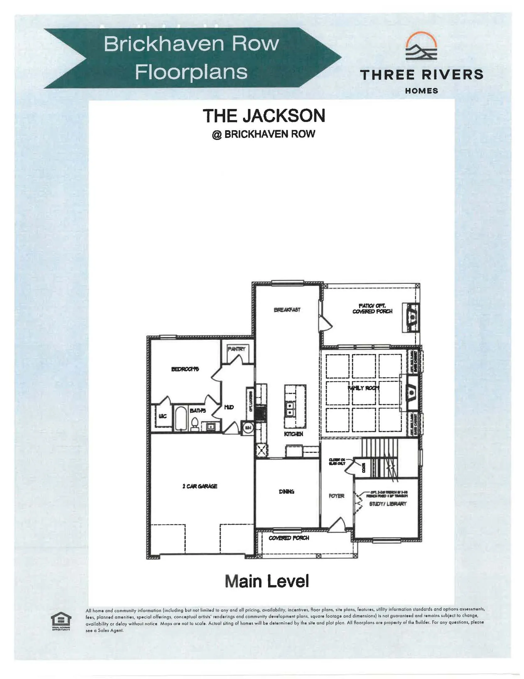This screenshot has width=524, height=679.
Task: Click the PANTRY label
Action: (236, 349)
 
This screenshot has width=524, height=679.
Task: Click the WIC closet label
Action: (162, 416)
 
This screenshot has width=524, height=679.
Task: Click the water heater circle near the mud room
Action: (248, 428)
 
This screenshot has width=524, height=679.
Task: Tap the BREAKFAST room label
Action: (287, 310)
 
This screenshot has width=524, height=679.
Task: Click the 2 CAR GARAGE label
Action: (200, 486)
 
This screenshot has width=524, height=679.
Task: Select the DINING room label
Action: (286, 491)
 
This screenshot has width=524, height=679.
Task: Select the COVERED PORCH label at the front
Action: (289, 538)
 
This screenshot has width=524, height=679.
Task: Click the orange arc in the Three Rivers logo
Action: (421, 38)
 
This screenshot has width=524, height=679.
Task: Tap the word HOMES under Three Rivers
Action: (421, 91)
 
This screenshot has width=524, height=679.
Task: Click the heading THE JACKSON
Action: (264, 116)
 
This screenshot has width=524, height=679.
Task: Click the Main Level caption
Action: (267, 581)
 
